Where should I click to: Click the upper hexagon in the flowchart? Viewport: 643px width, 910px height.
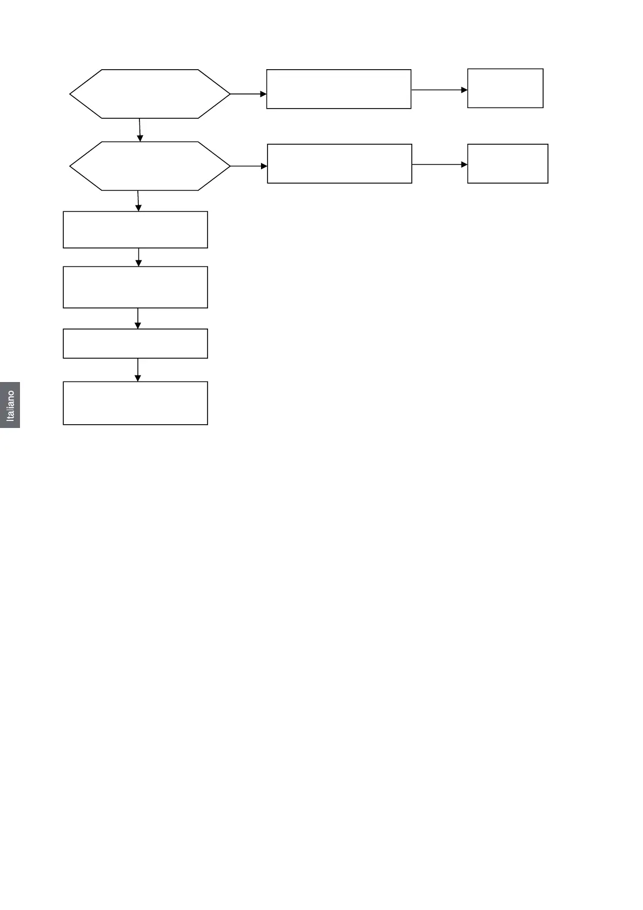coord(150,93)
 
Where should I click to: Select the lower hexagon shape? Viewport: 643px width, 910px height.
coord(150,166)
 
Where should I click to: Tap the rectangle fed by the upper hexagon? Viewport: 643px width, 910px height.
coord(339,89)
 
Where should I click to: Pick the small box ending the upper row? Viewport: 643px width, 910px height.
coord(505,88)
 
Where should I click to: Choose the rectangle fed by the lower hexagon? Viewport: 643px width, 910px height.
coord(339,164)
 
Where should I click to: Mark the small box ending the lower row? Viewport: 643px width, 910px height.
coord(507,164)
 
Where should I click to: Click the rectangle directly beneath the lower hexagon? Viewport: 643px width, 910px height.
coord(135,230)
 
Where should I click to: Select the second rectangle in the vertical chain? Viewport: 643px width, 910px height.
coord(135,287)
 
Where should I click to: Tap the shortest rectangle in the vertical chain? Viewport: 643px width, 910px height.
coord(135,344)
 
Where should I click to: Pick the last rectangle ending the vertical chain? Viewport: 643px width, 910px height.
coord(135,403)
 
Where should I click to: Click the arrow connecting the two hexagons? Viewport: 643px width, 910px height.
coord(140,130)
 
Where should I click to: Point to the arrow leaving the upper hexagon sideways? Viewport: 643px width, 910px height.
coord(249,94)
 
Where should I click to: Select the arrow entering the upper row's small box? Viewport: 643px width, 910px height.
coord(439,90)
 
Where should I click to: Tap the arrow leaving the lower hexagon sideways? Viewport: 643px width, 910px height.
coord(249,166)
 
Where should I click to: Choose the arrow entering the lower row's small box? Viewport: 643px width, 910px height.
coord(439,164)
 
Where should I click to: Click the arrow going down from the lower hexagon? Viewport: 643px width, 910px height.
coord(138,200)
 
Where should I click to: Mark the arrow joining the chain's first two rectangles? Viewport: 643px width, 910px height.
coord(139,257)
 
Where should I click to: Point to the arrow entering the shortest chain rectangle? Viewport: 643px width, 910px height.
coord(138,318)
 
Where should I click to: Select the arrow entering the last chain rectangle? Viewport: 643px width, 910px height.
coord(138,370)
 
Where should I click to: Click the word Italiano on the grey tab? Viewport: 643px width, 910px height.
coord(10,405)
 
